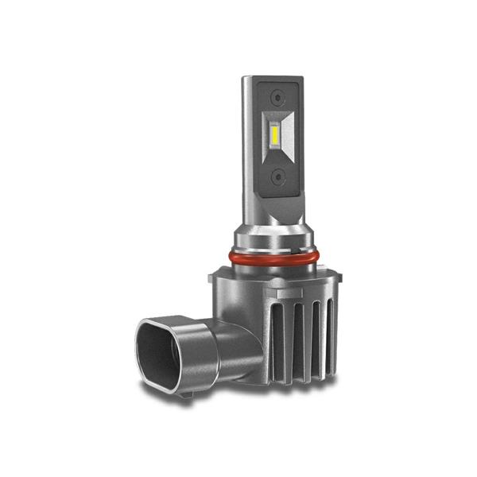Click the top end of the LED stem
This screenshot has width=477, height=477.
pyautogui.click(x=273, y=78)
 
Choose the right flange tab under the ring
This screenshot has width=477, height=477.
pyautogui.click(x=338, y=278)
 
